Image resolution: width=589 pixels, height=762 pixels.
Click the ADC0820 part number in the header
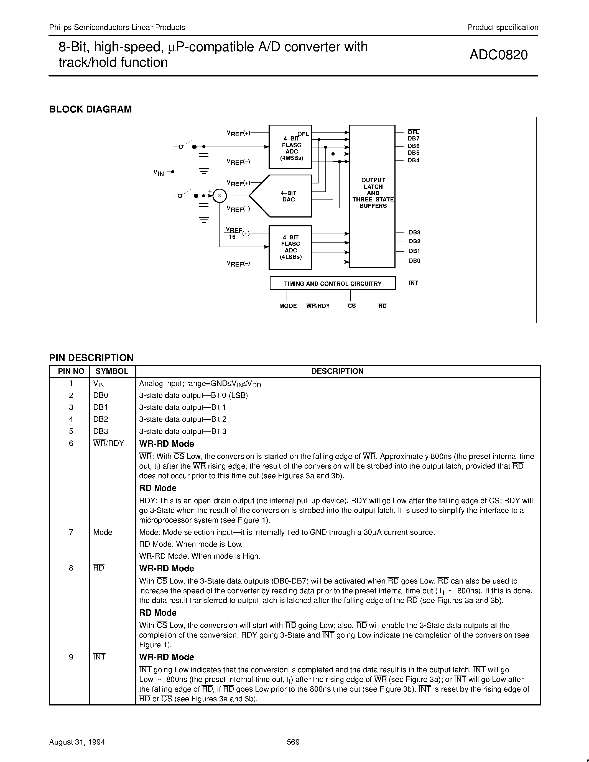coord(498,55)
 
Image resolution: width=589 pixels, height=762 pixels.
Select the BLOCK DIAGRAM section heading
coord(90,109)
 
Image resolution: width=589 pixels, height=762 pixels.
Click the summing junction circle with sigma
coord(220,196)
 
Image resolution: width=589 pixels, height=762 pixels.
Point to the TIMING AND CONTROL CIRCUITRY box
coord(333,283)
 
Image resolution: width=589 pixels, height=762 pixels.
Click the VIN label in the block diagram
coord(159,173)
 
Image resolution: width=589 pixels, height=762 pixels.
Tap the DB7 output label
coord(414,139)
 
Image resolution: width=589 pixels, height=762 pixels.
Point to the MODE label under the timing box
coord(288,306)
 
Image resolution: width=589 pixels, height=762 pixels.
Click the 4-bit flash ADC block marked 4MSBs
coord(290,147)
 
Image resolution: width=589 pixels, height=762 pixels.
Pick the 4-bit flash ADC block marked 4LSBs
coord(290,247)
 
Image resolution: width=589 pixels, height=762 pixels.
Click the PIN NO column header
coord(71,371)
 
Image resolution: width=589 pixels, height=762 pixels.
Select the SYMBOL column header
coord(112,371)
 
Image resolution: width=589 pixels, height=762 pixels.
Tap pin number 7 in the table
coord(71,532)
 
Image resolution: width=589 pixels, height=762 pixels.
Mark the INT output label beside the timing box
coord(413,283)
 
